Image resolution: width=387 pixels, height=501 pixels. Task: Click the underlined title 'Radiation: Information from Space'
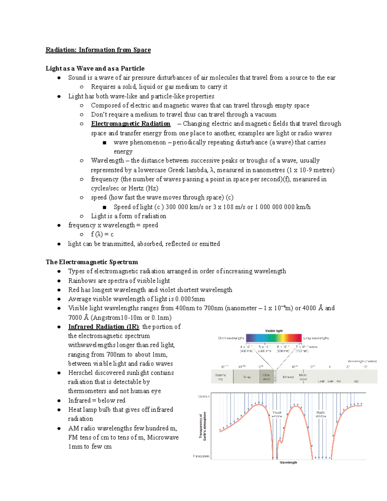point(98,50)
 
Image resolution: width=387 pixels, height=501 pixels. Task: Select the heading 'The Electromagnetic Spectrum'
point(92,262)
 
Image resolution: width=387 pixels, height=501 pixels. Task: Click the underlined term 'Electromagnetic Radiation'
point(131,124)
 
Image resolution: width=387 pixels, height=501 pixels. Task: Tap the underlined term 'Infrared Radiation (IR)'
point(104,327)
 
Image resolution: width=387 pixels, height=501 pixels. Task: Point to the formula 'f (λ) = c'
point(102,234)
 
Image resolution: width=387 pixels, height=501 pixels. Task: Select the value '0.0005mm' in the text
point(190,299)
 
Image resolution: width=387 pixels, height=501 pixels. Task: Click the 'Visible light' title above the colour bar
point(274,331)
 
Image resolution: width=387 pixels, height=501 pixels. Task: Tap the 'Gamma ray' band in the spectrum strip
point(221,377)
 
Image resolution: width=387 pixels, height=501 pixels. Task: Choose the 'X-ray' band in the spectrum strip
point(247,377)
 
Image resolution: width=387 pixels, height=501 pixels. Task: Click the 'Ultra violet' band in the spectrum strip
point(266,377)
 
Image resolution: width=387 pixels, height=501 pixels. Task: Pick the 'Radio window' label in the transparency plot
point(321,414)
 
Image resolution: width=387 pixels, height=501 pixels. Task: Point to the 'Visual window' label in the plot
point(277,414)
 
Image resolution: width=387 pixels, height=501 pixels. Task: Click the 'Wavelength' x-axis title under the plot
point(288,463)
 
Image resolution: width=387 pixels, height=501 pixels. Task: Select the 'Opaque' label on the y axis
point(204,396)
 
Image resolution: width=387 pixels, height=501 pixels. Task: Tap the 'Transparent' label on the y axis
point(201,456)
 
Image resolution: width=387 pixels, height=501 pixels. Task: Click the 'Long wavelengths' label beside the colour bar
point(316,338)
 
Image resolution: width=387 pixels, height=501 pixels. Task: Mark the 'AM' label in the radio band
point(356,382)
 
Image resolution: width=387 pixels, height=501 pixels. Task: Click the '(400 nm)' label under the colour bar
point(246,351)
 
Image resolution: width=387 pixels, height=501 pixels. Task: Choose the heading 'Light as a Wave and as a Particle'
point(95,68)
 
